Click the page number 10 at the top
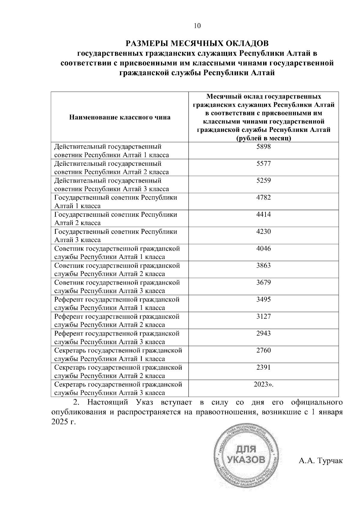tap(197, 26)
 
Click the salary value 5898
tap(263, 147)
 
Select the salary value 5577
tap(263, 164)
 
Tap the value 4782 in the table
tap(263, 198)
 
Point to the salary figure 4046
tap(263, 249)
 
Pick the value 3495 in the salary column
tap(263, 299)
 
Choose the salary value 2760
tap(263, 350)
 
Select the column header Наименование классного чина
tap(120, 117)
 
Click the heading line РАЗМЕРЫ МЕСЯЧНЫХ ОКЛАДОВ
tap(197, 44)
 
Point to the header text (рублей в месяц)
tap(263, 138)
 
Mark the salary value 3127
tap(263, 317)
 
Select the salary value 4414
tap(263, 215)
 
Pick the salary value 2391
tap(263, 368)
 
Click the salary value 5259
tap(263, 181)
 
